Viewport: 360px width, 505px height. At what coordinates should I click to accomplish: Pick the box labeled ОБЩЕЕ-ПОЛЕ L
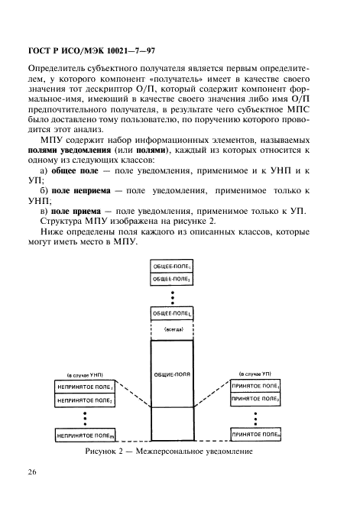click(173, 314)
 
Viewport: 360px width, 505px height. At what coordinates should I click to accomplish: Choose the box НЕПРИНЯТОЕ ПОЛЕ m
click(86, 435)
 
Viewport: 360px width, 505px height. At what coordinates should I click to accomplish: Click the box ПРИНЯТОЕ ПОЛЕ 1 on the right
click(256, 387)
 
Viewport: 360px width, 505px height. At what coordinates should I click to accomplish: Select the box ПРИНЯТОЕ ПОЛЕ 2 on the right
click(256, 400)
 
